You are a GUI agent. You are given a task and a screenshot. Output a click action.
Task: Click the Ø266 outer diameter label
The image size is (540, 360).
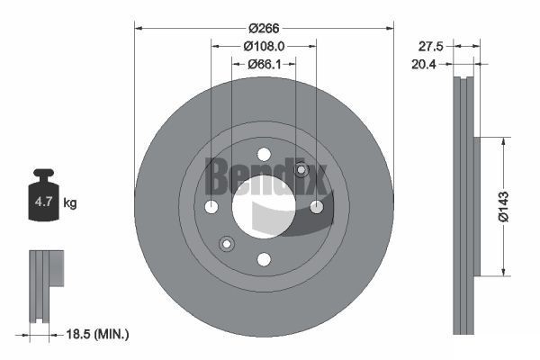click(x=264, y=14)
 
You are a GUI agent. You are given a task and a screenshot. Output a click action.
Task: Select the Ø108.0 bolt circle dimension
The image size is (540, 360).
click(x=264, y=45)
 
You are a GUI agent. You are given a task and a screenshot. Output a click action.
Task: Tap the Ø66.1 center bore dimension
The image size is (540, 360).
click(x=264, y=64)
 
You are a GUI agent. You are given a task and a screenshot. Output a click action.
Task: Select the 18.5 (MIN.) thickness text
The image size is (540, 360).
click(x=98, y=334)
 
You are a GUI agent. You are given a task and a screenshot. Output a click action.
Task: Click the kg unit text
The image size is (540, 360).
click(x=70, y=203)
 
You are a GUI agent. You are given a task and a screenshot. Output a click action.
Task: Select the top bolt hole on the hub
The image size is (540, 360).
click(x=264, y=155)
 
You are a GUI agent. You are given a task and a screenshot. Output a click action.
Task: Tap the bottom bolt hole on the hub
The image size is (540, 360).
click(x=264, y=259)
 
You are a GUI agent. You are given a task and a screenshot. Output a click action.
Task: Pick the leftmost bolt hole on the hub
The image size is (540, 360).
click(x=211, y=207)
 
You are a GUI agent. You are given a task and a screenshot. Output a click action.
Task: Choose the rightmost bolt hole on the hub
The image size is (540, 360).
click(x=316, y=207)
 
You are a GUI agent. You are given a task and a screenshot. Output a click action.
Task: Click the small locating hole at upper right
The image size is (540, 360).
click(x=301, y=170)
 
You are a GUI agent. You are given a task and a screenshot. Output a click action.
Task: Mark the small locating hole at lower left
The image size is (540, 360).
click(x=226, y=244)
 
